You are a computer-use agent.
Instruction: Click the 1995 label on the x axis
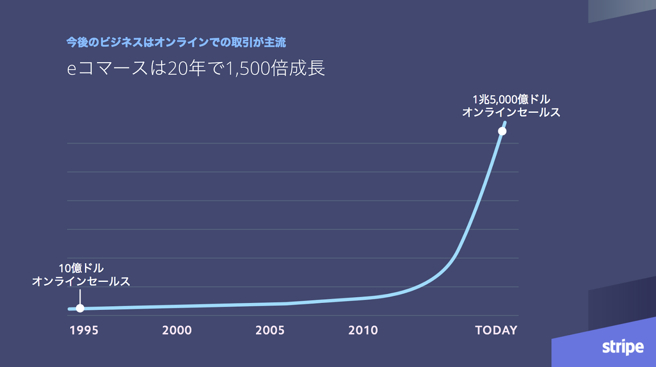[x=84, y=331]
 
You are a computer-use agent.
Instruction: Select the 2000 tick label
[x=177, y=331]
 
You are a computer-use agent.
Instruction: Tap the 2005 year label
[x=270, y=331]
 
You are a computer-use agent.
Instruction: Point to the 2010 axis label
[x=363, y=331]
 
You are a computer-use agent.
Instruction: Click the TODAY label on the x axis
[x=496, y=331]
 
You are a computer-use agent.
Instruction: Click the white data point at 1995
[x=80, y=308]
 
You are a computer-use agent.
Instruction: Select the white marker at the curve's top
[x=502, y=131]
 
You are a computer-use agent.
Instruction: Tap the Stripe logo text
[x=623, y=347]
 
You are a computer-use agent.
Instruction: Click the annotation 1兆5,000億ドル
[x=511, y=100]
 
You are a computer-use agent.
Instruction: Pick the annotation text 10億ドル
[x=81, y=269]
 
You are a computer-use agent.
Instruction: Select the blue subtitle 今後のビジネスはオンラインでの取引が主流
[x=176, y=43]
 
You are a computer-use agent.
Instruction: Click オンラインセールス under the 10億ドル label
[x=81, y=281]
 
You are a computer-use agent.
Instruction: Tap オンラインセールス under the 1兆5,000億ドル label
[x=511, y=112]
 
